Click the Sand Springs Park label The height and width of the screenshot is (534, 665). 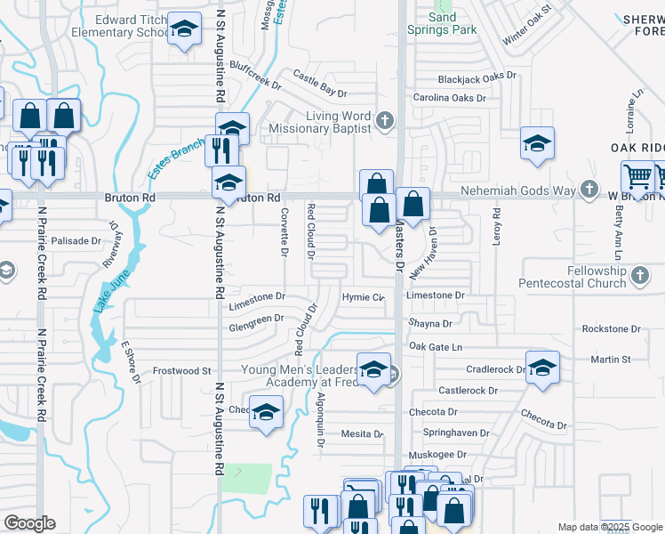[442, 23]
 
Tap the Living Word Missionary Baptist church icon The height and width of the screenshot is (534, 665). [385, 120]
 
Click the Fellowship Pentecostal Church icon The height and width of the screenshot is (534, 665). [640, 277]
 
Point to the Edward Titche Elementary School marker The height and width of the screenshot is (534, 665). [184, 31]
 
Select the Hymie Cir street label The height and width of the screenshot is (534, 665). [363, 296]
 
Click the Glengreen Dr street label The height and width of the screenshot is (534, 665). [256, 319]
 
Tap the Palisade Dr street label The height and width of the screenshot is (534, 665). [76, 241]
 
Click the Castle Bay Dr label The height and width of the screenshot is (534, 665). [319, 86]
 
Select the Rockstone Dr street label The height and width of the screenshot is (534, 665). [611, 329]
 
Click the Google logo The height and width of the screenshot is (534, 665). [29, 523]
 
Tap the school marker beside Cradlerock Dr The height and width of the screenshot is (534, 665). [541, 367]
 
